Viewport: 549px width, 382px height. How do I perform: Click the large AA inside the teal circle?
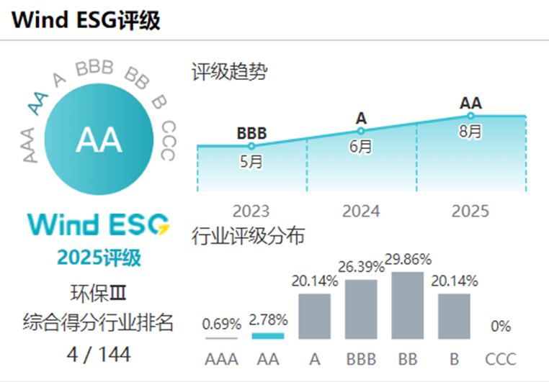tap(99, 140)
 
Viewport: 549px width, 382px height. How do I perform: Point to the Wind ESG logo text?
tap(99, 224)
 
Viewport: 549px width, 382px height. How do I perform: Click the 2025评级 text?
tap(99, 257)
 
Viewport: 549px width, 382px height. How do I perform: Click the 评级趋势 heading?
tap(228, 72)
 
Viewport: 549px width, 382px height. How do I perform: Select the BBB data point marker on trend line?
tap(251, 146)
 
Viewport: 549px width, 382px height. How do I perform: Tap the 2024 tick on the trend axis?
tap(361, 211)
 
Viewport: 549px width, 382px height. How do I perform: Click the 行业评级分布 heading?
tap(248, 235)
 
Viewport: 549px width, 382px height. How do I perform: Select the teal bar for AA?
tap(268, 335)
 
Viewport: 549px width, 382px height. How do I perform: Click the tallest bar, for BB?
tap(407, 305)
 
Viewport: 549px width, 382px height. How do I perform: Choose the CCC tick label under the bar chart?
tap(500, 358)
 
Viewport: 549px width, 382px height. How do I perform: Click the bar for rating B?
tap(454, 316)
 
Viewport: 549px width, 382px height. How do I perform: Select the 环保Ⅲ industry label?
tap(99, 293)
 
